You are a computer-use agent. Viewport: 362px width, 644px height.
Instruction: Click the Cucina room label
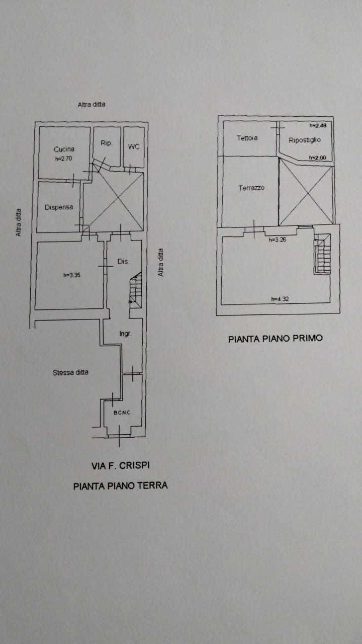pos(64,149)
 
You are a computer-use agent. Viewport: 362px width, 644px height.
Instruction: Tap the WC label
pos(133,146)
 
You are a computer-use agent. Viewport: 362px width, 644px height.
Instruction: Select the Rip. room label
pos(106,143)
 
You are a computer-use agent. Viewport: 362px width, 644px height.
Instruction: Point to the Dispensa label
pos(58,207)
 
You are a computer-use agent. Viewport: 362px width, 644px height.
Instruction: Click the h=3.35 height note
pos(72,275)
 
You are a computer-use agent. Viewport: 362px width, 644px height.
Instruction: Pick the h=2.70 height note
pos(64,158)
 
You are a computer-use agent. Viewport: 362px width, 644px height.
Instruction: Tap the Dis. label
pos(123,262)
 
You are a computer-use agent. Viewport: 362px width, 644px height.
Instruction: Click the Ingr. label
pos(125,334)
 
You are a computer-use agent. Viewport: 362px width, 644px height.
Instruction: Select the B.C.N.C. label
pos(122,413)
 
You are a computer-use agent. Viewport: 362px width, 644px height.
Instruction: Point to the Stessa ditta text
pos(70,372)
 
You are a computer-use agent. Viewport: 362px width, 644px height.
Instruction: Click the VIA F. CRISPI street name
pos(121,466)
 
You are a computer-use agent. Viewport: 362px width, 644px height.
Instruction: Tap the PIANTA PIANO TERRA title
pos(121,486)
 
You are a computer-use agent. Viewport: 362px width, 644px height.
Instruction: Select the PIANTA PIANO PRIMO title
pos(276,339)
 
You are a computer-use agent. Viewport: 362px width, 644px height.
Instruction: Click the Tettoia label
pos(247,137)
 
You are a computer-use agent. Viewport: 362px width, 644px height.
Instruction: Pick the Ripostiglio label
pos(304,140)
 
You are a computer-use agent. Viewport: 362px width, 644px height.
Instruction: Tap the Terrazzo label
pos(251,188)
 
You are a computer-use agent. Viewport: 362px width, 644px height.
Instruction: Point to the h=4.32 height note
pos(280,299)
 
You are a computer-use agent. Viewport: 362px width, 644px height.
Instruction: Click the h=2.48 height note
pos(318,126)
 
